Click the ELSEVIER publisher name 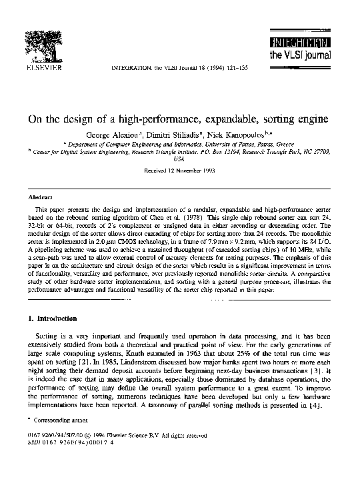(44, 68)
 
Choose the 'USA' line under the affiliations (178, 160)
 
